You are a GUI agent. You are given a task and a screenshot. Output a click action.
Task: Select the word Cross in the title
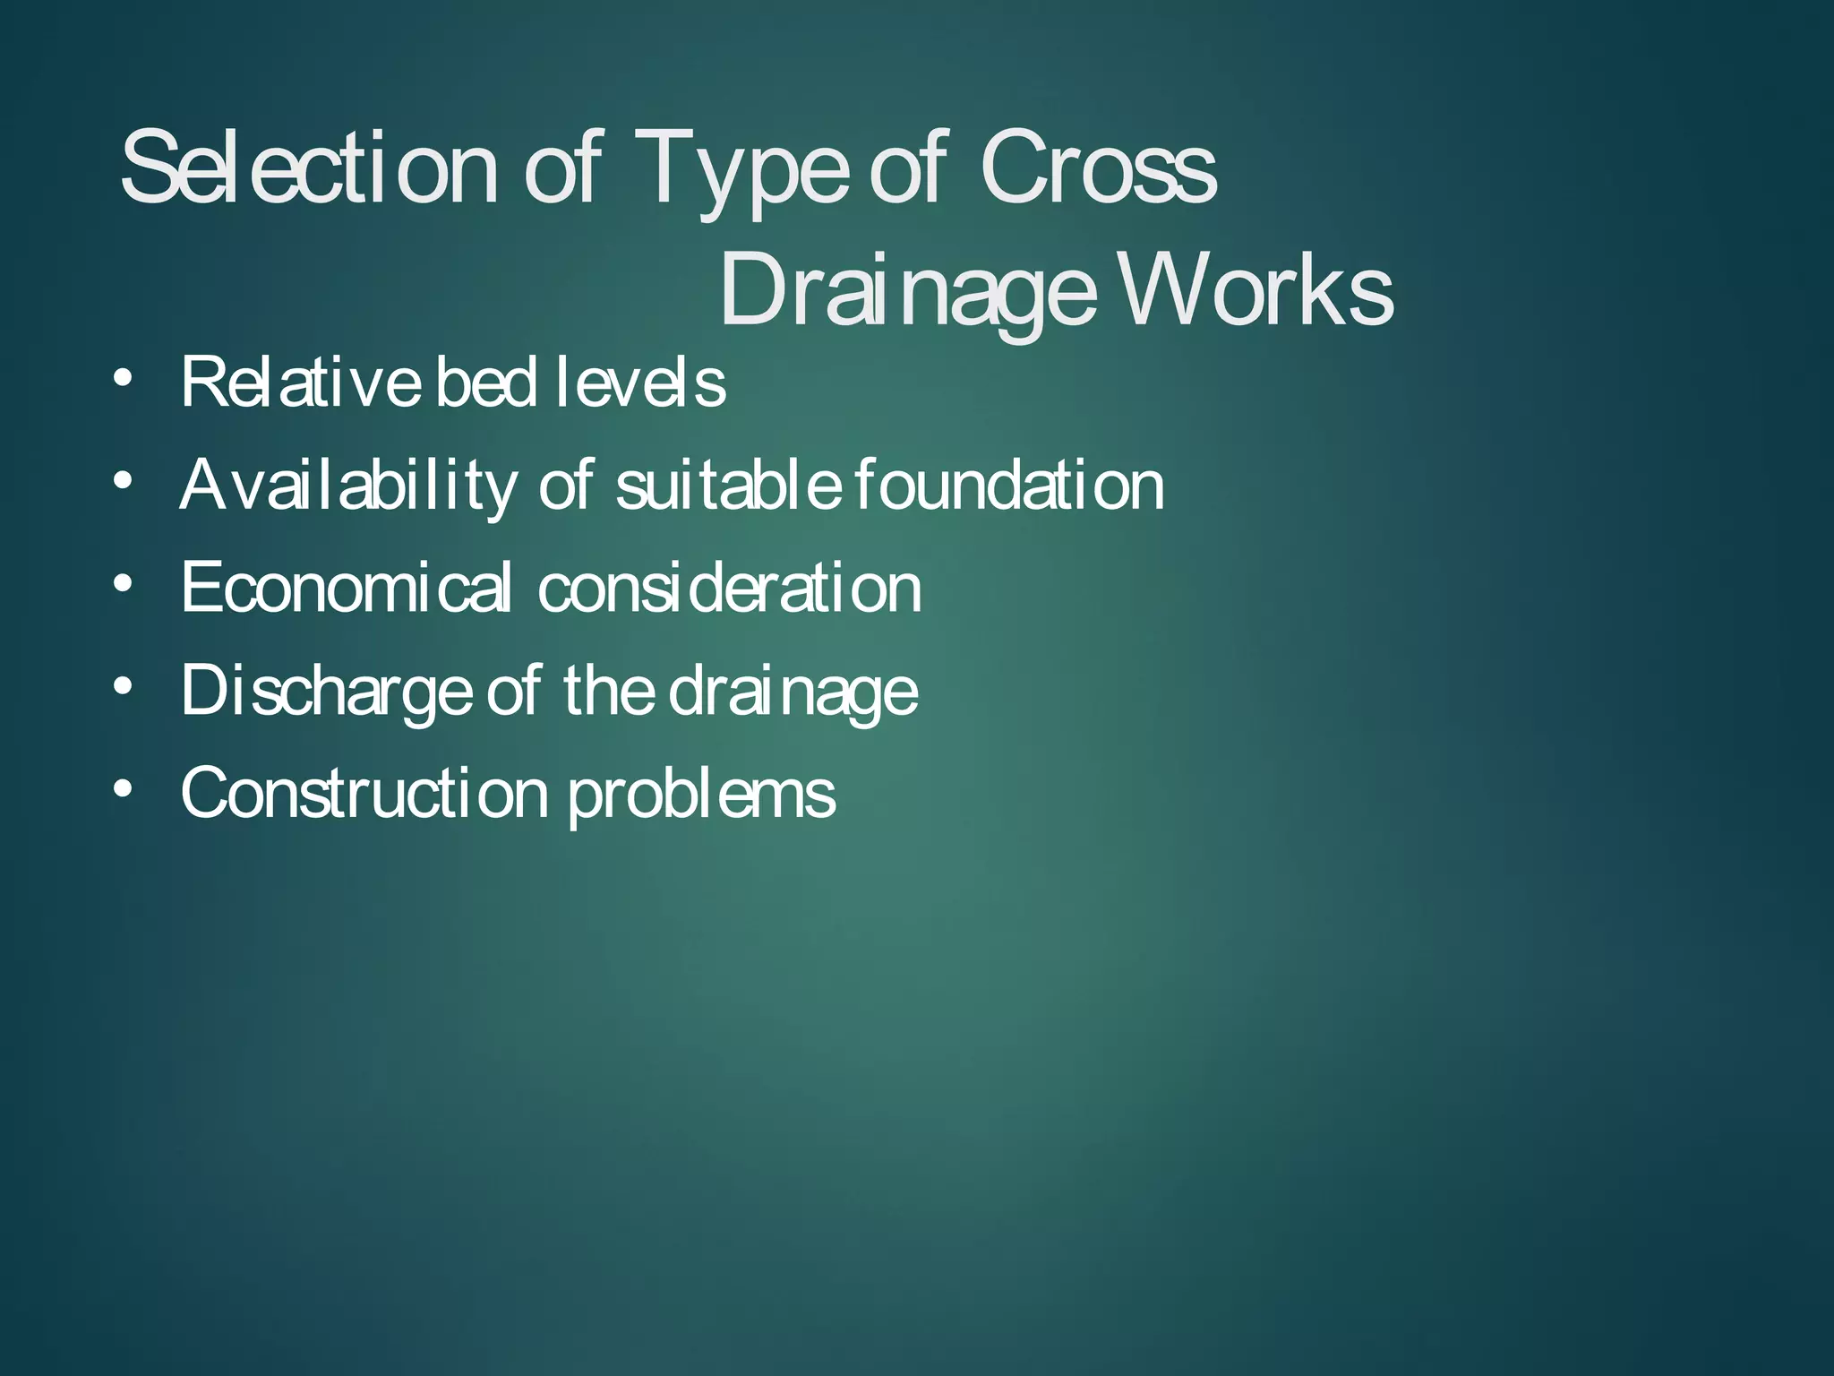1097,168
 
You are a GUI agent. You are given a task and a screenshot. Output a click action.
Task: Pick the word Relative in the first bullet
301,383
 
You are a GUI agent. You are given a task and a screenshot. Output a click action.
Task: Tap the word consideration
729,588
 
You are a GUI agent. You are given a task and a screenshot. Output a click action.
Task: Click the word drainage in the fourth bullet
793,692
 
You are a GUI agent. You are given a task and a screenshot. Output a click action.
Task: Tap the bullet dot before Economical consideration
124,583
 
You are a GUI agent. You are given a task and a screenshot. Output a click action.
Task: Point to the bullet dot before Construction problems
124,788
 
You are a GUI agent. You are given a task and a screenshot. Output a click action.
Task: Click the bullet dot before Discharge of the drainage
124,686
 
